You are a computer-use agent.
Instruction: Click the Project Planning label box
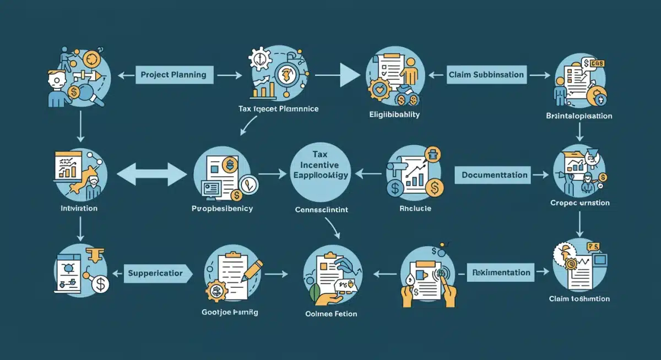(174, 75)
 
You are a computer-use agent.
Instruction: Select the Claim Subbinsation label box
(486, 75)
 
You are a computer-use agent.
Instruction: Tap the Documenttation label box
(495, 176)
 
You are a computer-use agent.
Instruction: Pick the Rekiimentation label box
(501, 272)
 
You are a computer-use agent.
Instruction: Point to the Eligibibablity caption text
(394, 114)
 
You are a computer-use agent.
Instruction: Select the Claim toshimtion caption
(579, 299)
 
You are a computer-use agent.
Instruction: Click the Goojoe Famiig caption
(230, 312)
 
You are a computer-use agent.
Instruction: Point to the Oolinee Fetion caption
(330, 314)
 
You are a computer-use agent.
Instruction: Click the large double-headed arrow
(153, 176)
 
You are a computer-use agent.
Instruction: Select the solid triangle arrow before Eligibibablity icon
(349, 75)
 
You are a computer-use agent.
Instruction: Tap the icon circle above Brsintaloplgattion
(580, 83)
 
